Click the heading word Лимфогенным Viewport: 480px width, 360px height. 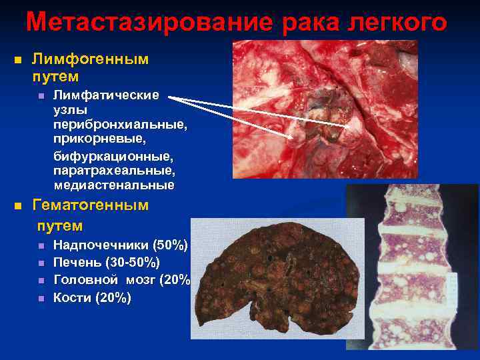coord(91,59)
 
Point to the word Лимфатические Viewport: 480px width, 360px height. coord(106,95)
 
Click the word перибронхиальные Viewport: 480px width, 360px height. coord(120,125)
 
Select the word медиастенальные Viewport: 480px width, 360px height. coord(114,185)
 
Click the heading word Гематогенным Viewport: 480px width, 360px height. coord(91,205)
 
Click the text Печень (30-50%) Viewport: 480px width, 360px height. coord(106,263)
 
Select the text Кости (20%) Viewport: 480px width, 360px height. coord(92,297)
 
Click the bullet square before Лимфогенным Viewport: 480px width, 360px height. coord(18,60)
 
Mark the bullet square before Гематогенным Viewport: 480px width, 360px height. coord(18,206)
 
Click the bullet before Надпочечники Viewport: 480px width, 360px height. coord(41,246)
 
